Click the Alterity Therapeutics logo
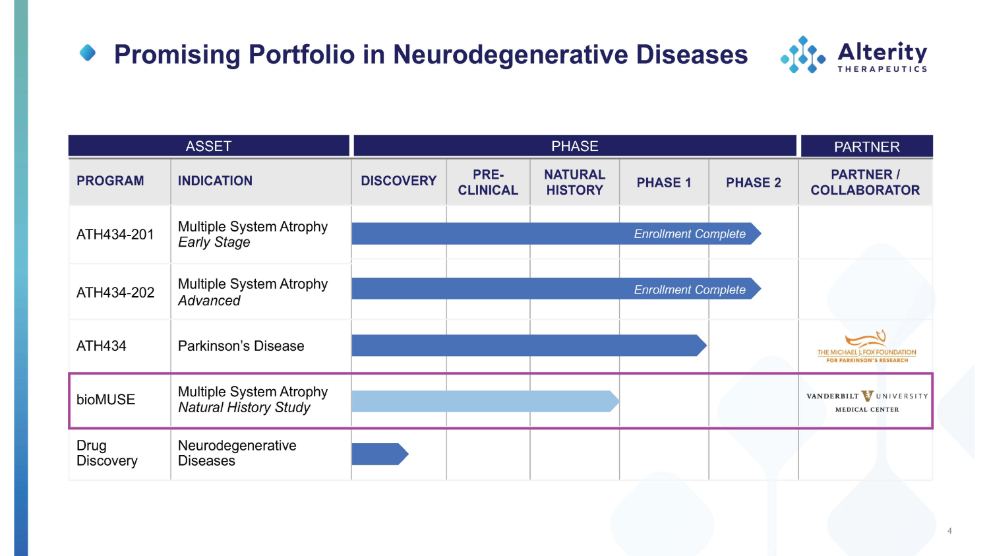coord(854,55)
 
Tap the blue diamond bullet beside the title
coord(88,53)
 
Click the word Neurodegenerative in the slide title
coord(510,55)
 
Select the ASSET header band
coord(208,146)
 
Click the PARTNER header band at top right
coord(866,146)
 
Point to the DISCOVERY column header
coord(398,181)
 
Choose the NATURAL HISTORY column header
coord(574,182)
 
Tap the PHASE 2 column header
coord(753,183)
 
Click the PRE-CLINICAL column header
coord(488,182)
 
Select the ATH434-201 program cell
coord(115,234)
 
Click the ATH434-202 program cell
coord(115,292)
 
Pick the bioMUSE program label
coord(105,400)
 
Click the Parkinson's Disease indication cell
coord(241,346)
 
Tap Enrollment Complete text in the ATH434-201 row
coord(690,234)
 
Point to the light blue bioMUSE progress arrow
coord(484,401)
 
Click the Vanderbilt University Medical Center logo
coord(866,400)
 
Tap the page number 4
coord(949,531)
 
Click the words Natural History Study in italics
coord(244,408)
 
